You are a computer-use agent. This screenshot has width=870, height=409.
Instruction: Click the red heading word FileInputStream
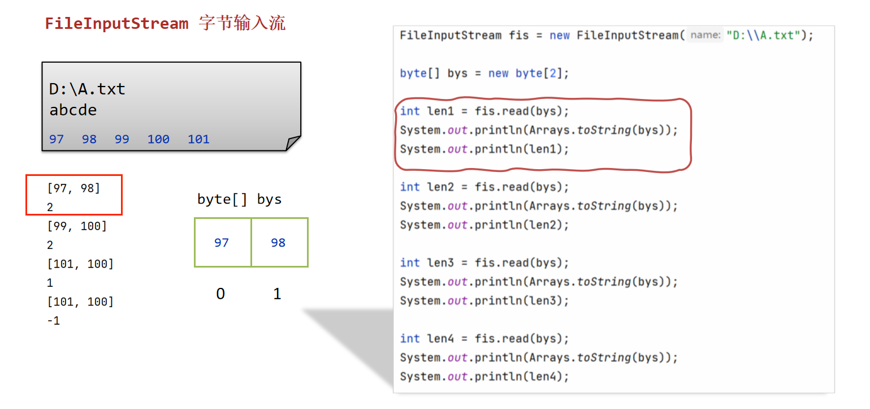116,24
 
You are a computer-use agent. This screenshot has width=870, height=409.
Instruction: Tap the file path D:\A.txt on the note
87,89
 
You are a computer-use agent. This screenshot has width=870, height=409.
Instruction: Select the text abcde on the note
73,110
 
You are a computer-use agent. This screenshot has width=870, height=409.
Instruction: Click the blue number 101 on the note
198,139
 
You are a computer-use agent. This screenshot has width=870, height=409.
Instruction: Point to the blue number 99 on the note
122,139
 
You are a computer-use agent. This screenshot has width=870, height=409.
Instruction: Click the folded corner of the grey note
293,143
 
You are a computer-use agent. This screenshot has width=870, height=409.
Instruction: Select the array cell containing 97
222,243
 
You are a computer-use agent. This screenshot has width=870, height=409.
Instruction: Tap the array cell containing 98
279,243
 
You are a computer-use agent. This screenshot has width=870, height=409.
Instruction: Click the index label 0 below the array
220,294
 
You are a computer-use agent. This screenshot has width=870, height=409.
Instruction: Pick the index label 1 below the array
277,294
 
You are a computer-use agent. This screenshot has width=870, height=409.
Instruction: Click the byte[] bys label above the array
239,199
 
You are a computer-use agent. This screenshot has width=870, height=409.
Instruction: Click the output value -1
54,321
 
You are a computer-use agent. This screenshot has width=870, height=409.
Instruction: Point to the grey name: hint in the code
705,35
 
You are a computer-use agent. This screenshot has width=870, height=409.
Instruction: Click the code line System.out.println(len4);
484,376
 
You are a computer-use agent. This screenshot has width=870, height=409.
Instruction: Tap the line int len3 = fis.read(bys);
484,262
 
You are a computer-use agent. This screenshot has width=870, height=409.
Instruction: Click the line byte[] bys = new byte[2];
484,73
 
